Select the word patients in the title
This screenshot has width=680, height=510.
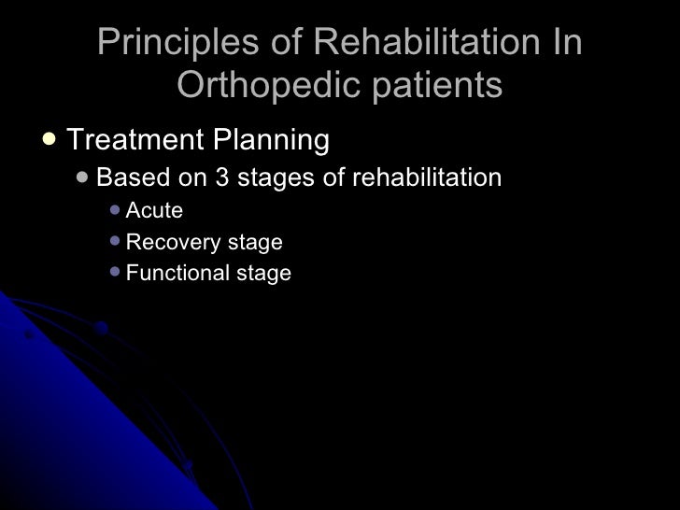pyautogui.click(x=433, y=86)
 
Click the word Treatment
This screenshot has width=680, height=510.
pyautogui.click(x=135, y=140)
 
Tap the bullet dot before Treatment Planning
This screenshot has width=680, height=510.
pyautogui.click(x=49, y=139)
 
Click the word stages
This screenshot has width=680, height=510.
pyautogui.click(x=275, y=177)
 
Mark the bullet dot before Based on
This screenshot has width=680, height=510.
pyautogui.click(x=83, y=177)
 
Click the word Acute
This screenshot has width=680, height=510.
pyautogui.click(x=154, y=211)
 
